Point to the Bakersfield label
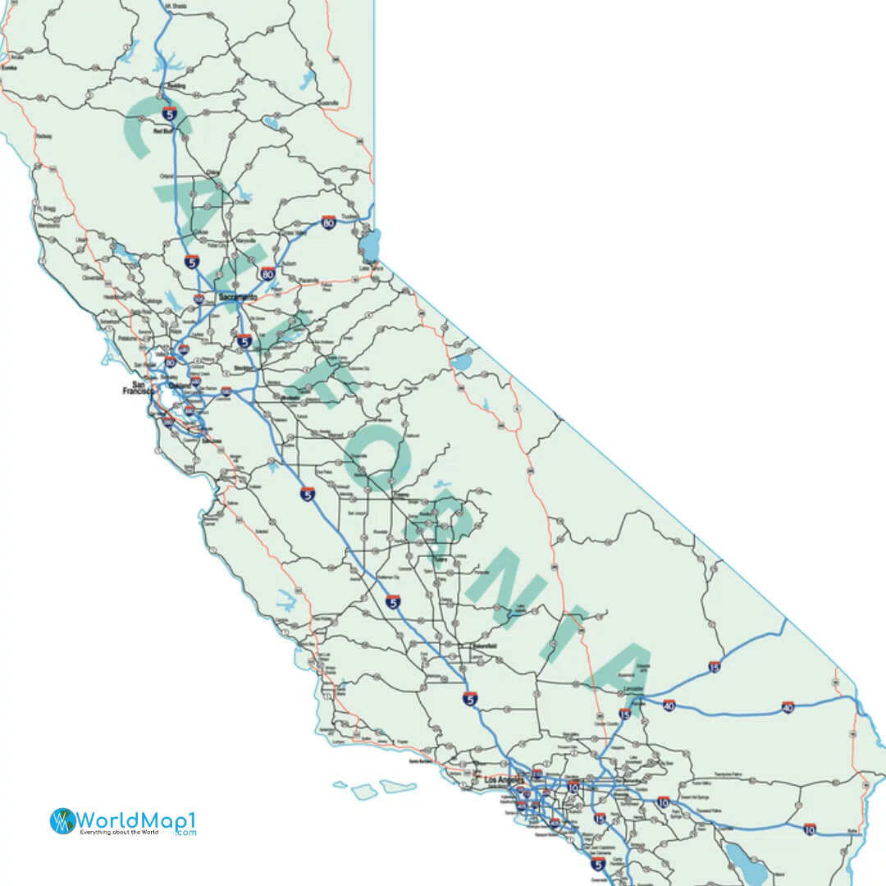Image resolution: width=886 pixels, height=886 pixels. pyautogui.click(x=484, y=646)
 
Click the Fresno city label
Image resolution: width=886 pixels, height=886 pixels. pyautogui.click(x=400, y=496)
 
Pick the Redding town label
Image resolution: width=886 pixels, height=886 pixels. pyautogui.click(x=176, y=86)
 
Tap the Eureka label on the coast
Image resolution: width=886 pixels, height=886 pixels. pyautogui.click(x=9, y=68)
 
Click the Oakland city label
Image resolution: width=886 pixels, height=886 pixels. pyautogui.click(x=180, y=385)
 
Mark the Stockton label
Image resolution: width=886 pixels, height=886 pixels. pyautogui.click(x=240, y=368)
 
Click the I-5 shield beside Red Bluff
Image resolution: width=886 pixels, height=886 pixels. pyautogui.click(x=169, y=114)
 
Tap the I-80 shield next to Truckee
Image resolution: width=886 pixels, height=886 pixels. pyautogui.click(x=329, y=222)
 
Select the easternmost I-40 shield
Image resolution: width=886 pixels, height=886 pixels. pyautogui.click(x=788, y=706)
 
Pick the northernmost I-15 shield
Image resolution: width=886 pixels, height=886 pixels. pyautogui.click(x=715, y=667)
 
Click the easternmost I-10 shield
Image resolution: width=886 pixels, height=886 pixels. pyautogui.click(x=810, y=830)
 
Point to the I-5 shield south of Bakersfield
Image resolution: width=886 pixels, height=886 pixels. pyautogui.click(x=469, y=699)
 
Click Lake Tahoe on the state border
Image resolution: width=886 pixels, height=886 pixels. pyautogui.click(x=369, y=244)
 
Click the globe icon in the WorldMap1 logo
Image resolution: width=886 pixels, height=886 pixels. pyautogui.click(x=62, y=821)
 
